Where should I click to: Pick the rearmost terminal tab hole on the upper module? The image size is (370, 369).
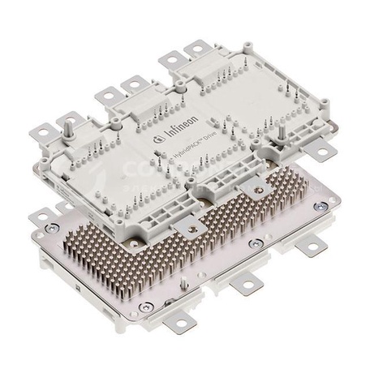(x=198, y=50)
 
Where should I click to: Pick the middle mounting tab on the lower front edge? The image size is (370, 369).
(x=244, y=285)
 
